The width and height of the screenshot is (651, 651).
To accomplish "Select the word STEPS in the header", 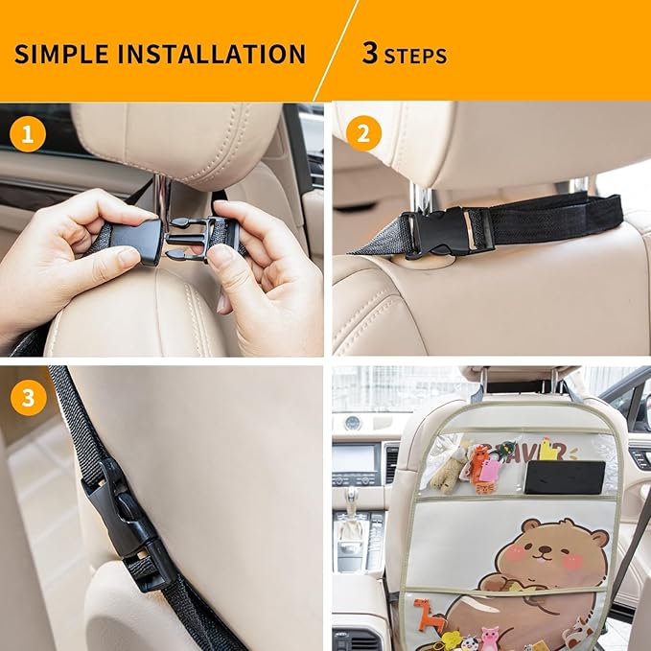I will (415, 56).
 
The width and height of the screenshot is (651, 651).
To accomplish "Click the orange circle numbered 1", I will (28, 135).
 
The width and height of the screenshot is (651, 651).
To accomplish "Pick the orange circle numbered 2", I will (362, 134).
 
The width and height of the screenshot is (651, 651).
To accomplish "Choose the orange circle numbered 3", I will (28, 398).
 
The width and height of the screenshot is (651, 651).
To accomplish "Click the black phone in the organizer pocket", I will (565, 477).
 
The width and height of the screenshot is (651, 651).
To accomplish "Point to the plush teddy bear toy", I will (448, 470).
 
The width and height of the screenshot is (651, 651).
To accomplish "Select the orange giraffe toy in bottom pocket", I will (429, 615).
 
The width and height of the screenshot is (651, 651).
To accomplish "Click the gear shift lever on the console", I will (352, 504).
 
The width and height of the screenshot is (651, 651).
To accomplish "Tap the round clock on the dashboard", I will (353, 423).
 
